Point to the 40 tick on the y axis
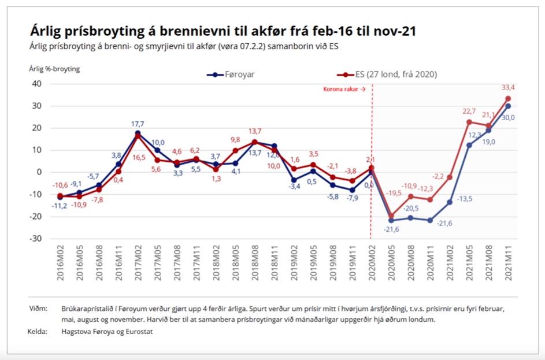point(36,83)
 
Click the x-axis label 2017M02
point(138,264)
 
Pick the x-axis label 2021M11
point(509,264)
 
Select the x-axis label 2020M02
point(372,264)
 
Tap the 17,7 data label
point(138,123)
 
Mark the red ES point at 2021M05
point(469,122)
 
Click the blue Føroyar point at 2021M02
point(450,202)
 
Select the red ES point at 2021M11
point(508,98)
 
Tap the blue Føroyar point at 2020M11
point(431,220)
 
